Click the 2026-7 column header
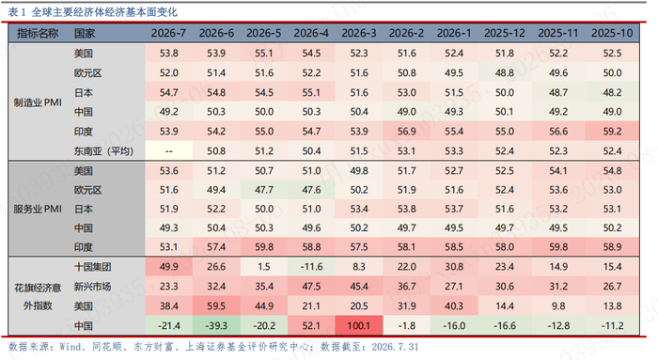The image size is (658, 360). (x=168, y=33)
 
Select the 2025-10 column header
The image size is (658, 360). (x=612, y=33)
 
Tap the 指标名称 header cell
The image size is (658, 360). (x=38, y=33)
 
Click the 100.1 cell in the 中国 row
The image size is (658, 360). (x=359, y=325)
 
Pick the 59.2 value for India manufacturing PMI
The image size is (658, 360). (x=612, y=132)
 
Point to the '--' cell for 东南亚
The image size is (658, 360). (x=168, y=151)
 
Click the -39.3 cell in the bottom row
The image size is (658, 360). (x=216, y=325)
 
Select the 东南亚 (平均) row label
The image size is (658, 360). (x=103, y=151)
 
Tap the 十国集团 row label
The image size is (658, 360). (x=92, y=267)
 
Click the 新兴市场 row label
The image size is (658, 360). (x=92, y=287)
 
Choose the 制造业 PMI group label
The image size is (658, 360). (x=38, y=102)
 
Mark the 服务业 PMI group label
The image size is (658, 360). (x=38, y=209)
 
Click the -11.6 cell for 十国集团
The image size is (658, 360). (x=311, y=267)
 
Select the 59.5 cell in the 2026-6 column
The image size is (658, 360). (x=216, y=306)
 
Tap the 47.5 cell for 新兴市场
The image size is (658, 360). (x=311, y=287)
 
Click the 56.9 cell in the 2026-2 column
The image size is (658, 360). (x=407, y=132)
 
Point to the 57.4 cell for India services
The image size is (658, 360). (x=216, y=247)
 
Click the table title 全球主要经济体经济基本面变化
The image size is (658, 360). (x=104, y=12)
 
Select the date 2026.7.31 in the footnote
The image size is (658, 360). (x=395, y=347)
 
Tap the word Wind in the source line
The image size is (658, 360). (x=70, y=347)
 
